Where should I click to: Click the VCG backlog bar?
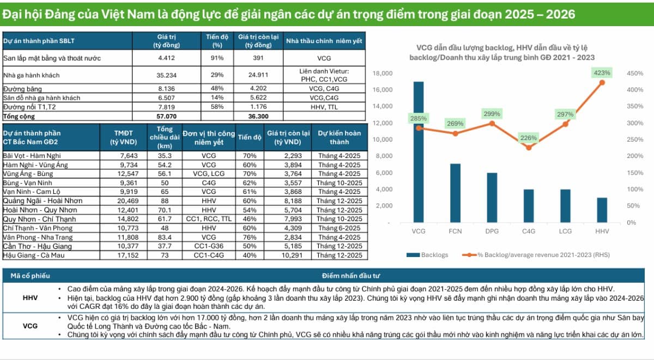point(419,152)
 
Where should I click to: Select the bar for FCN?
point(455,193)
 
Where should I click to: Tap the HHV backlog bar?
point(602,210)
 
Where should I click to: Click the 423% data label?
point(602,72)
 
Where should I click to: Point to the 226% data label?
point(529,138)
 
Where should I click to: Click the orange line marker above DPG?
point(492,124)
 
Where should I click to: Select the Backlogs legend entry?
point(427,255)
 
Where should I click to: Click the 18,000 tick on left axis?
point(383,73)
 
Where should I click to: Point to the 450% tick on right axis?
point(635,73)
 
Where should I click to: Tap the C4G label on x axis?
point(529,231)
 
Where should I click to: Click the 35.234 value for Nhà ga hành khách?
point(166,75)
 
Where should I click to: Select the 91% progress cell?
point(217,58)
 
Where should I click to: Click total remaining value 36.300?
point(258,117)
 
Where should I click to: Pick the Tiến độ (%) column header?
point(217,41)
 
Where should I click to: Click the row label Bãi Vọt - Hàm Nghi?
point(32,156)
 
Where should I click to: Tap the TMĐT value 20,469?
point(128,201)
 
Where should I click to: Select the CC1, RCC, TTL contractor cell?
point(209,219)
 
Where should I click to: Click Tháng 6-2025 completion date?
point(339,228)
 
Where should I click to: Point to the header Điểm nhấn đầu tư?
point(350,276)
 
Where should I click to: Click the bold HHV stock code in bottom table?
point(30,298)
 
